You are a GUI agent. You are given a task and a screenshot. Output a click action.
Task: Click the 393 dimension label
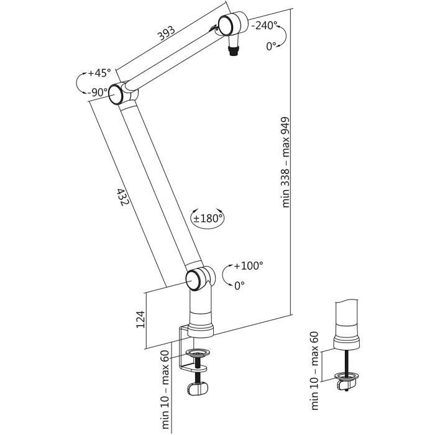[167, 33]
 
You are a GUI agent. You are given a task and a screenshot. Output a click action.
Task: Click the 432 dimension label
[123, 197]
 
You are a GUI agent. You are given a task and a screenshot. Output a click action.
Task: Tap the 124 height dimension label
[140, 319]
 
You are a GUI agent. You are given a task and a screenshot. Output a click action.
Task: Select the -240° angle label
[264, 25]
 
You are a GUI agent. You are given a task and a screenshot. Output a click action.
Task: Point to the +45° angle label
[99, 73]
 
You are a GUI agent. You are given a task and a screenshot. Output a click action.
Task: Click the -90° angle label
[97, 93]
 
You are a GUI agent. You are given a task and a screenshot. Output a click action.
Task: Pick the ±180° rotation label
[208, 219]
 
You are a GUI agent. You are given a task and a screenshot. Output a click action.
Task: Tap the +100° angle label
[249, 266]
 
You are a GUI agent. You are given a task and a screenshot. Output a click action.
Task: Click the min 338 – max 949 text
[285, 162]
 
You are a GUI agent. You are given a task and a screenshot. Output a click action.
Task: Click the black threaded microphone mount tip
[234, 52]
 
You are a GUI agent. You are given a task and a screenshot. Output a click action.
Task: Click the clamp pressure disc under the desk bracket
[197, 353]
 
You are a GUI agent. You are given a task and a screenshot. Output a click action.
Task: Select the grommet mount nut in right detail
[347, 385]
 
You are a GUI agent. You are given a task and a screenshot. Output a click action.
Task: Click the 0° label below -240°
[272, 46]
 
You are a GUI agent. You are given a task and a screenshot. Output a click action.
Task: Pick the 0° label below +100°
[239, 285]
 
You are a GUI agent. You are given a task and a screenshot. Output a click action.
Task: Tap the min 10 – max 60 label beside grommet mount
[314, 370]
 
